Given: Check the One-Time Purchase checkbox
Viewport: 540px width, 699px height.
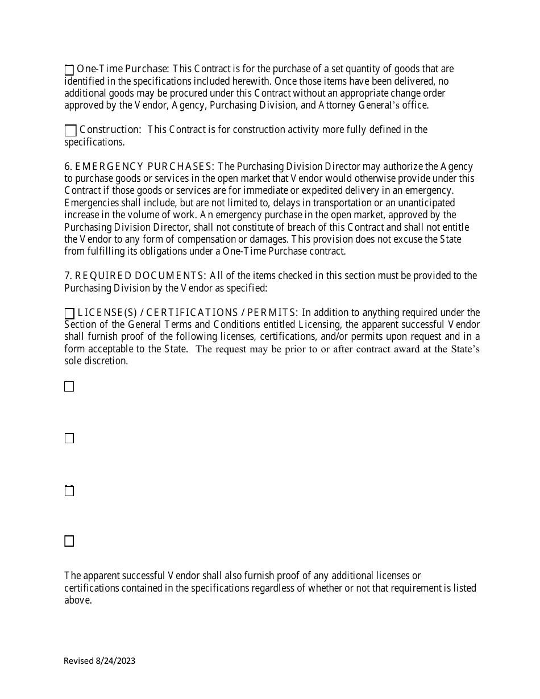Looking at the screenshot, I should tap(69, 70).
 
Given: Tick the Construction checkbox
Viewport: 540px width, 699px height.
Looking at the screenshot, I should tap(70, 131).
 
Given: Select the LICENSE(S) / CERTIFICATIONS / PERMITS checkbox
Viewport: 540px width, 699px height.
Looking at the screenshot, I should tap(69, 314).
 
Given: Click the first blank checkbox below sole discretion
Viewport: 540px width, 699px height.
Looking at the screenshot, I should tap(69, 386).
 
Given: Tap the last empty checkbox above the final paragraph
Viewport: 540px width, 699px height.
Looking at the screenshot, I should tap(69, 541).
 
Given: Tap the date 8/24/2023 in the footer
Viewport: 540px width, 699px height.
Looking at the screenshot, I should tap(115, 660).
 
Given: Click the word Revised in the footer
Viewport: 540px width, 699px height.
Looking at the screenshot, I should tap(78, 660).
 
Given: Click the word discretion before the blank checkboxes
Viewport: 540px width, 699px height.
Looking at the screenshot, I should tap(106, 361).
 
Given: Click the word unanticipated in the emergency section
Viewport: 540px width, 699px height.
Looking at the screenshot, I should tap(422, 203).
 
